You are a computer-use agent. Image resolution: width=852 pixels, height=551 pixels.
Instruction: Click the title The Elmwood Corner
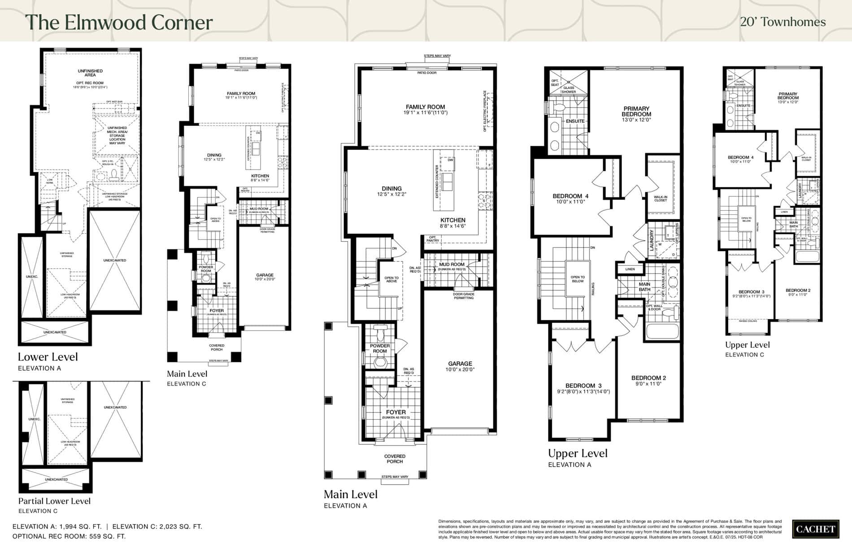point(119,22)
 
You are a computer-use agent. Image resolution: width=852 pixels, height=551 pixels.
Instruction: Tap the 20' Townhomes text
point(782,22)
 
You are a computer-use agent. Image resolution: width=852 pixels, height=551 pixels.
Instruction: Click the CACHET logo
point(815,529)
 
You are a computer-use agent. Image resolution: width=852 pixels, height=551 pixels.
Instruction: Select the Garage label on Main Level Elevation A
point(460,364)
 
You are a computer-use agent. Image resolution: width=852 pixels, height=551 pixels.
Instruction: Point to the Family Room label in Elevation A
point(425,107)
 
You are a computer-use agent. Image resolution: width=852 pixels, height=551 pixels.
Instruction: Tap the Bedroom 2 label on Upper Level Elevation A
point(648,378)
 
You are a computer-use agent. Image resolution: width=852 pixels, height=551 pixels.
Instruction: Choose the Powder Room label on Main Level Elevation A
point(380,348)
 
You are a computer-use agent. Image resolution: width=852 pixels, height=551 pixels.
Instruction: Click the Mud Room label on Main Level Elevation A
point(452,265)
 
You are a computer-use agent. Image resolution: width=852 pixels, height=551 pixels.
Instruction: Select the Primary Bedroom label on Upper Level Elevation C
point(788,96)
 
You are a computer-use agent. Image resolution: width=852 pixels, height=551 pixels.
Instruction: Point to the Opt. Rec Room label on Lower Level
point(90,83)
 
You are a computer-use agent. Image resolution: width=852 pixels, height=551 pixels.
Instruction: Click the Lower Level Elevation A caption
point(48,357)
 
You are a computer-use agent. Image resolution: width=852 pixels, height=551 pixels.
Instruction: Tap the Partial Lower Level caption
point(54,501)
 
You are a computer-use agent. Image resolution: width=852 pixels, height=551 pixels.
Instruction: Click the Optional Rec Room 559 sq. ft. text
point(69,536)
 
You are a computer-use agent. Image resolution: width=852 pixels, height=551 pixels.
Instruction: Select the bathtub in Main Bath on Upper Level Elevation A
point(662,332)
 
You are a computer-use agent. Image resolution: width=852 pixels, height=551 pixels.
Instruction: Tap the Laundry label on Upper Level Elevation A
point(652,239)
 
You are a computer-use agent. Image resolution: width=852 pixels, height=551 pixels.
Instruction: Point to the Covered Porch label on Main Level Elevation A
point(395,459)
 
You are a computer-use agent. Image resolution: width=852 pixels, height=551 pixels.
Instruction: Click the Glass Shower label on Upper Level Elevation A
point(569,90)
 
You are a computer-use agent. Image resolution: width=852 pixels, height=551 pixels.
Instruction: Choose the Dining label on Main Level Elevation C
point(214,155)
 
